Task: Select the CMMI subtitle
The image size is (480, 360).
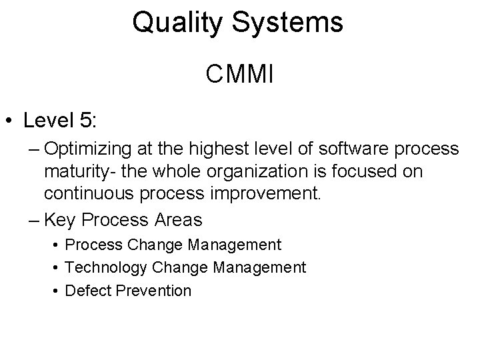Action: click(x=239, y=74)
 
